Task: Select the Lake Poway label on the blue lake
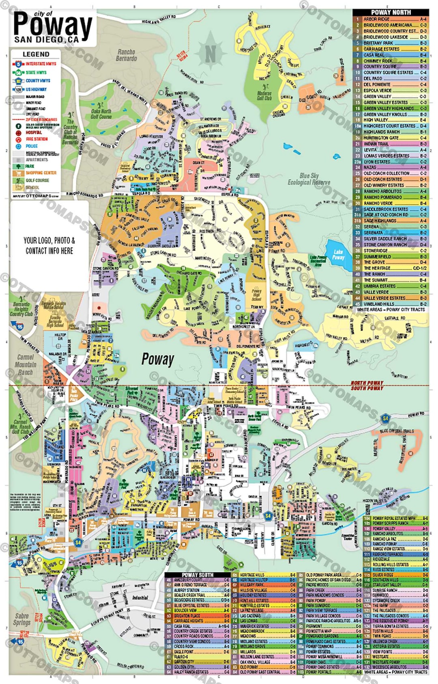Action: click(338, 255)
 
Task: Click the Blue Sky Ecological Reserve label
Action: click(309, 179)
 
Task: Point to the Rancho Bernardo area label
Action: click(126, 55)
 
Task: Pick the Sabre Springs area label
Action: click(22, 619)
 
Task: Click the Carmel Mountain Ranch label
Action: click(25, 364)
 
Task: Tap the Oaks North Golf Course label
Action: click(101, 114)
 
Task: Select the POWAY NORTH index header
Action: click(391, 13)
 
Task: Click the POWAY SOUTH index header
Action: click(198, 575)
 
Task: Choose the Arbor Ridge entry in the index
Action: click(376, 19)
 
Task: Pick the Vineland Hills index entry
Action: click(379, 304)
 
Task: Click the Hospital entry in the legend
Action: click(34, 132)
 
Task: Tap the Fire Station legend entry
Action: click(36, 139)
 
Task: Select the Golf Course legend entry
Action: click(37, 180)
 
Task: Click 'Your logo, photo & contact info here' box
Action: click(49, 245)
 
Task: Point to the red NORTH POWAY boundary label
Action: click(367, 383)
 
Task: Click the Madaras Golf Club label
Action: click(264, 95)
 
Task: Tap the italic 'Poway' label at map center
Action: click(158, 359)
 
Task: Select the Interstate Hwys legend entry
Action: click(41, 64)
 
